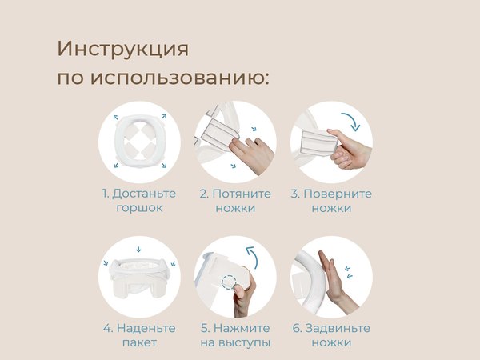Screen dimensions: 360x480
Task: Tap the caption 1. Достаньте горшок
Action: coord(138,201)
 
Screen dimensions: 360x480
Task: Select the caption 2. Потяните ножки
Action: coord(235,201)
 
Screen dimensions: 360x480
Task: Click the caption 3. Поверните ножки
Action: coord(330,201)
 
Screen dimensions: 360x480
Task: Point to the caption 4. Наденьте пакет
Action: coord(138,335)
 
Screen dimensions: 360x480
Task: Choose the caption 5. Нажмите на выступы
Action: coord(235,335)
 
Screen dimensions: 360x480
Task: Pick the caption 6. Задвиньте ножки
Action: coord(330,335)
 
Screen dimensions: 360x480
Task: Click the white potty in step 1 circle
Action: coord(139,142)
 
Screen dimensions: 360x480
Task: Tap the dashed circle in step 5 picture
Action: coord(230,282)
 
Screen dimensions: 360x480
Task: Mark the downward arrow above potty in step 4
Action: coord(139,249)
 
